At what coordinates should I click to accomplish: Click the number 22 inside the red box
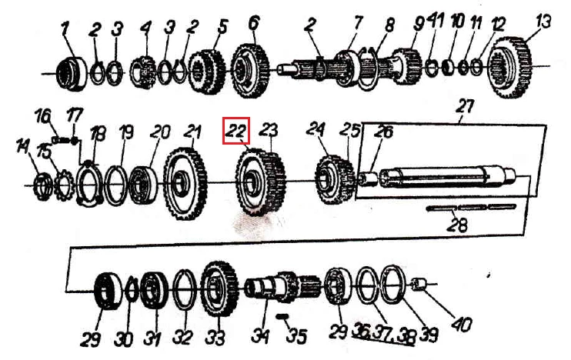(236, 131)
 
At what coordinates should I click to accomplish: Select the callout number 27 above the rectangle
(464, 106)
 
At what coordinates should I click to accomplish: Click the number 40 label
(462, 324)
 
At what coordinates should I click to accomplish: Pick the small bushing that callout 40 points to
(419, 284)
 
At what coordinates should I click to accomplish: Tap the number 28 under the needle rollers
(457, 225)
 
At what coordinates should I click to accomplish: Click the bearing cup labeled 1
(72, 74)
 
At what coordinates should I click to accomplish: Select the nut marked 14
(43, 186)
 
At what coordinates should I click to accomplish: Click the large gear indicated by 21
(185, 183)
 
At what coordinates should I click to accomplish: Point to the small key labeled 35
(282, 316)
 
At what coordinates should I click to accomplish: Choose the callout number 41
(435, 21)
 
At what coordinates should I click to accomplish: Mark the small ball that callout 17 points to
(75, 141)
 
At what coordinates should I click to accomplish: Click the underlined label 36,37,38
(383, 333)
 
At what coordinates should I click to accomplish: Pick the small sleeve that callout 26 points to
(368, 179)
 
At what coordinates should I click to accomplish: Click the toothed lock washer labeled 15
(64, 185)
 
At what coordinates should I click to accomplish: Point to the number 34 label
(260, 335)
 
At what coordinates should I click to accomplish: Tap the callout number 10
(457, 22)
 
